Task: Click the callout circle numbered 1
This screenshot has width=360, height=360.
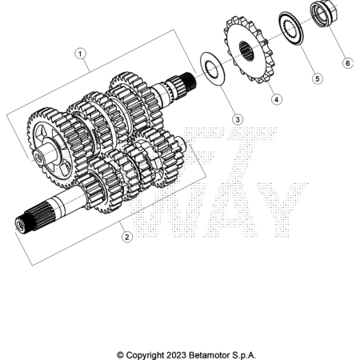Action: [x=80, y=54]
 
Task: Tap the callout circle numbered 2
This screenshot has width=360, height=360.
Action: [x=127, y=237]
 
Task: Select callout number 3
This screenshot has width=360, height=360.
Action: [x=238, y=119]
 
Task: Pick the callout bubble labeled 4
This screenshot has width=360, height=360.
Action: [x=277, y=100]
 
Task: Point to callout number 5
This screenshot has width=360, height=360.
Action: [x=318, y=79]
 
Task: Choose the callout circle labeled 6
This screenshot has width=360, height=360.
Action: [x=348, y=63]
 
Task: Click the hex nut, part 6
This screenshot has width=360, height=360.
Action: [x=324, y=14]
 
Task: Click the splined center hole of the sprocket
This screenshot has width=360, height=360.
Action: [x=246, y=50]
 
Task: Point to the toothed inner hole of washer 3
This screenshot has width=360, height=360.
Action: [x=211, y=70]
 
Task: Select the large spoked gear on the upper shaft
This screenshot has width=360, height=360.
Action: [x=50, y=149]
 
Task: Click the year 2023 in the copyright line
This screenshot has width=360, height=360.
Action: [x=176, y=355]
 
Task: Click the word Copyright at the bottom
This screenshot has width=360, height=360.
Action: [x=145, y=356]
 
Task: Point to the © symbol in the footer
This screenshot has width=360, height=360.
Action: [x=120, y=355]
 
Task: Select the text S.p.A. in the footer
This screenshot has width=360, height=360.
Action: [x=244, y=355]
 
